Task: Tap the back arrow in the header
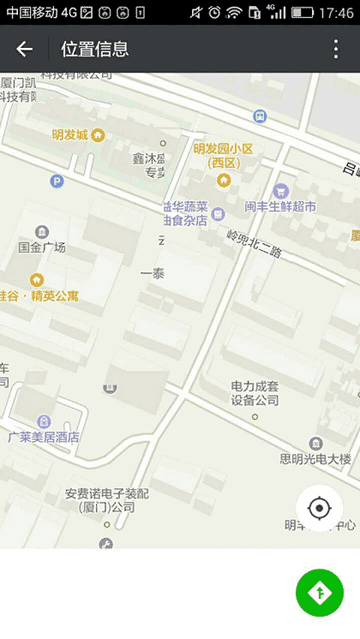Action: [24, 50]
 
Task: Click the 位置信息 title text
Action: [94, 50]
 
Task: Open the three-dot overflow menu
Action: [336, 50]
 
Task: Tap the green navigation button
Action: [319, 592]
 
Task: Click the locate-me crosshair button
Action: [320, 509]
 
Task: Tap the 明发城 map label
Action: [70, 135]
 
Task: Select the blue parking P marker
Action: [57, 181]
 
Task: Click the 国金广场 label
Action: [42, 248]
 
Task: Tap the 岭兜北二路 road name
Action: [254, 244]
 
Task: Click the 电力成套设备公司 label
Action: [255, 393]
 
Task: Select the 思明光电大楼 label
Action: [315, 459]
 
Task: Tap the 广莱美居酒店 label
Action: [44, 437]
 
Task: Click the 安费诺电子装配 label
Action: [106, 500]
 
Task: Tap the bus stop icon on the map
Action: [260, 116]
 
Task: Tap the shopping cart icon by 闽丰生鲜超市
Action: [279, 190]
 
